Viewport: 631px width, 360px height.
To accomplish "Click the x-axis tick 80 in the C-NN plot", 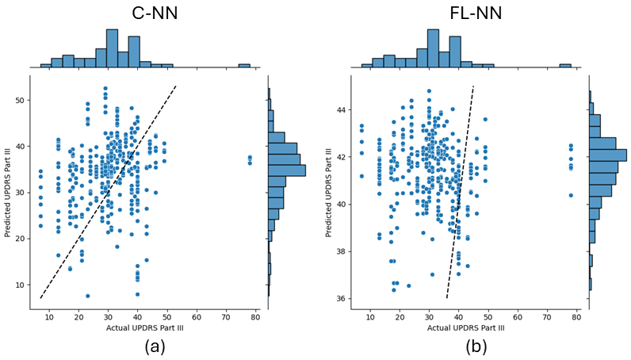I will tap(256, 317).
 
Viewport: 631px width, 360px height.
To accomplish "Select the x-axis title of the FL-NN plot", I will tap(468, 327).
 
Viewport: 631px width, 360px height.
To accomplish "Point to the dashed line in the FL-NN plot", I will tap(461, 190).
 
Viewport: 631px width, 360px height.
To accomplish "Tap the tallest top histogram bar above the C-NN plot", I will tap(112, 48).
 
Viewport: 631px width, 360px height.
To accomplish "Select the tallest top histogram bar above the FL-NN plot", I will tap(433, 48).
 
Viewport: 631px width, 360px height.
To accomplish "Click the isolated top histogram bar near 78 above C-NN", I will tap(244, 66).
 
